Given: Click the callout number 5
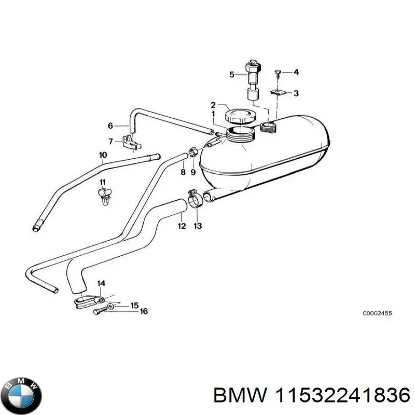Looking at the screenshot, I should point(232,75).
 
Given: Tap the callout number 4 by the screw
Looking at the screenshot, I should point(296,72).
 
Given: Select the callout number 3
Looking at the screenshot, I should point(296,93).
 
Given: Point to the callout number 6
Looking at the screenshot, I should point(110,126).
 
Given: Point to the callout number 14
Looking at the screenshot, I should point(101,283).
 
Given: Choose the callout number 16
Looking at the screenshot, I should point(144,311).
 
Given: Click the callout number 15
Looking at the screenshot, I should point(134,306).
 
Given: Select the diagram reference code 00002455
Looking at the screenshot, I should point(377,314).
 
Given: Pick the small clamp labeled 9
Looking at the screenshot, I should point(192,152).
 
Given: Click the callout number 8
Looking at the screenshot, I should point(183,172).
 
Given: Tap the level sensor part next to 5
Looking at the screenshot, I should point(253,83).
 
